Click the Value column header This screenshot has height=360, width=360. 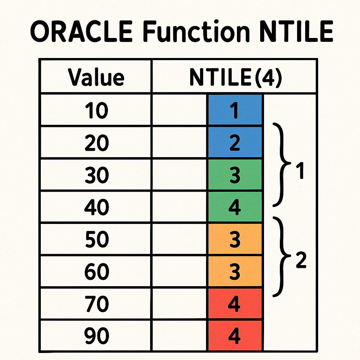(x=96, y=77)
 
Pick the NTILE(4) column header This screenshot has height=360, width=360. (x=235, y=77)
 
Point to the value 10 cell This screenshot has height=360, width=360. (x=96, y=110)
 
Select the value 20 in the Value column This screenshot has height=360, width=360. (x=96, y=143)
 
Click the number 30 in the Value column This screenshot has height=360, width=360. (x=96, y=175)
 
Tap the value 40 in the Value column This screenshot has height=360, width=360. (x=96, y=207)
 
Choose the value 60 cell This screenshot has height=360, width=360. (x=96, y=272)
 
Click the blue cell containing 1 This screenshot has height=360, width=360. (x=235, y=110)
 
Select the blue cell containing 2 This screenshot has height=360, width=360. (x=235, y=142)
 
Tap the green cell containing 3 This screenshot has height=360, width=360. (x=235, y=175)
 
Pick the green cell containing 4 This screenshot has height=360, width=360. (x=235, y=207)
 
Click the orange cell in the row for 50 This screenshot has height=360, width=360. (x=235, y=239)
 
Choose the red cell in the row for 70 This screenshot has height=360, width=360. (x=235, y=304)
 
